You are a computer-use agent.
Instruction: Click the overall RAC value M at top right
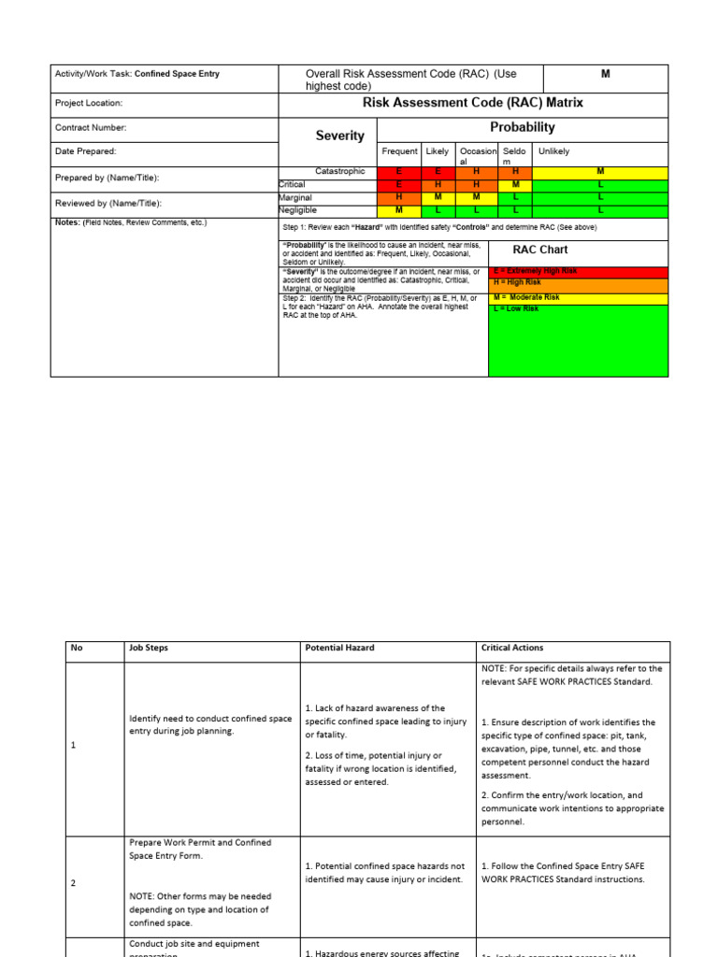[605, 73]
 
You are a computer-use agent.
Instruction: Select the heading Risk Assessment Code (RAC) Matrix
[472, 103]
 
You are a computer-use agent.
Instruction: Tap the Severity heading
[340, 136]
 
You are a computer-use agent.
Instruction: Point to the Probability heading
[523, 127]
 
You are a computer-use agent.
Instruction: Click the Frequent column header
[399, 151]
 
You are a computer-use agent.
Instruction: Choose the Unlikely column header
[553, 151]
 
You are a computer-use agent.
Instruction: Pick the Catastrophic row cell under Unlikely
[600, 172]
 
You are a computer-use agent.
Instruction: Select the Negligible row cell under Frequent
[399, 210]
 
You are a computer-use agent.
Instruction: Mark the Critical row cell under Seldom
[515, 185]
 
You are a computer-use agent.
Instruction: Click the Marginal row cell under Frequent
[399, 197]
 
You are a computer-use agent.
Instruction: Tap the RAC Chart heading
[540, 250]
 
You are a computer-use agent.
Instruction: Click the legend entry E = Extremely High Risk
[535, 271]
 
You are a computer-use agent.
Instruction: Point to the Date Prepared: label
[86, 151]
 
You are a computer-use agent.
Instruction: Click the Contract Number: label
[91, 128]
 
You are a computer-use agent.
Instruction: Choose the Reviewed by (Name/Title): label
[108, 203]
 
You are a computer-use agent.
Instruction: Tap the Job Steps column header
[149, 648]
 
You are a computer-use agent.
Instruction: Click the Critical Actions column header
[511, 648]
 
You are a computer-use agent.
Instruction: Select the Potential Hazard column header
[339, 648]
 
